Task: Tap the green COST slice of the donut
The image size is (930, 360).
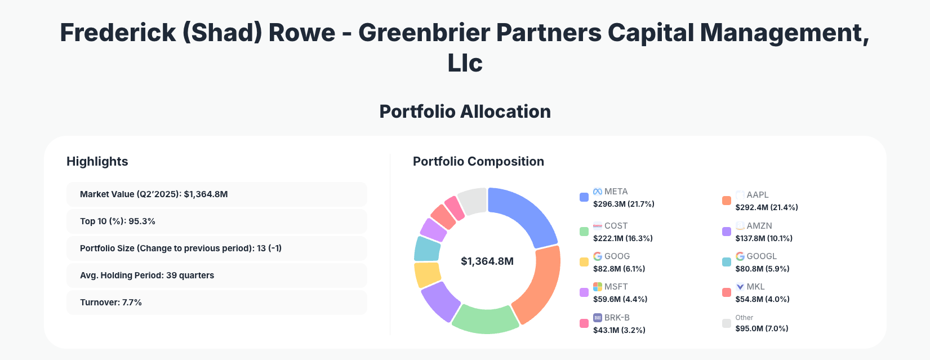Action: (486, 319)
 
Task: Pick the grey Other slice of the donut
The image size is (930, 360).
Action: (473, 200)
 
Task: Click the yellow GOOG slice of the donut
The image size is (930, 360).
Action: (426, 274)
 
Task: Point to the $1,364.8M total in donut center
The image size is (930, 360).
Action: (487, 261)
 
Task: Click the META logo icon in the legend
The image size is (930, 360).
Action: (598, 192)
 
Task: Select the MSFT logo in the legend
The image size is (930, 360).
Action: (598, 287)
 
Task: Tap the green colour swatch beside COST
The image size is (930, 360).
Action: (584, 232)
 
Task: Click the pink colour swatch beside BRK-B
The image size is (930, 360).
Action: (584, 323)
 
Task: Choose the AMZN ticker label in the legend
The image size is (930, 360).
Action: (759, 226)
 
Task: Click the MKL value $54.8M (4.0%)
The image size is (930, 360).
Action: (762, 299)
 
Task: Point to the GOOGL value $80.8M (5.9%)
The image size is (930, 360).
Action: (762, 269)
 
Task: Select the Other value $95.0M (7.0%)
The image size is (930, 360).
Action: (762, 328)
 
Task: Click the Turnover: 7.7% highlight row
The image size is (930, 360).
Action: (216, 303)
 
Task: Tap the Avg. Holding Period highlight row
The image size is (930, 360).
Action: (216, 275)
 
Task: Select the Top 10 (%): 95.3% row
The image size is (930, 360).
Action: (216, 221)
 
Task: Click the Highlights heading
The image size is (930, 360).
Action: (97, 162)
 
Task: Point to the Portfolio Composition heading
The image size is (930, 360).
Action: (478, 162)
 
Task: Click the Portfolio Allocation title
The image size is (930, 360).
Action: (465, 112)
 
